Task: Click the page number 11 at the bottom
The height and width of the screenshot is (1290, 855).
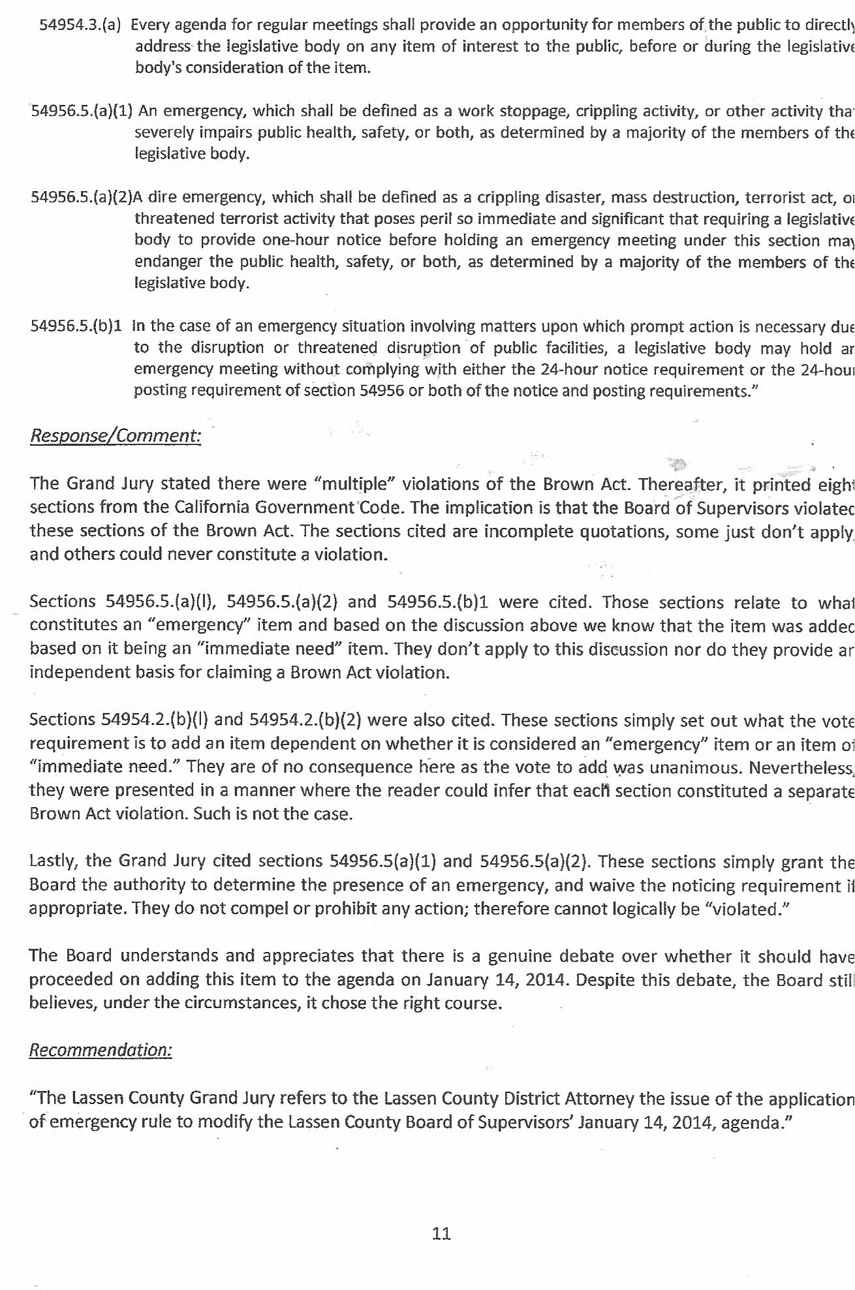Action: coord(441,1233)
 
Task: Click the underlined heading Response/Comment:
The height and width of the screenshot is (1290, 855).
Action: coord(116,435)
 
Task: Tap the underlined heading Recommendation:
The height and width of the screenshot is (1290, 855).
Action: coord(101,1049)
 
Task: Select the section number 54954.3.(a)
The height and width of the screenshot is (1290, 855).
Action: coord(80,25)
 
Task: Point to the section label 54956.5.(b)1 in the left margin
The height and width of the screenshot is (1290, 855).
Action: coord(76,326)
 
